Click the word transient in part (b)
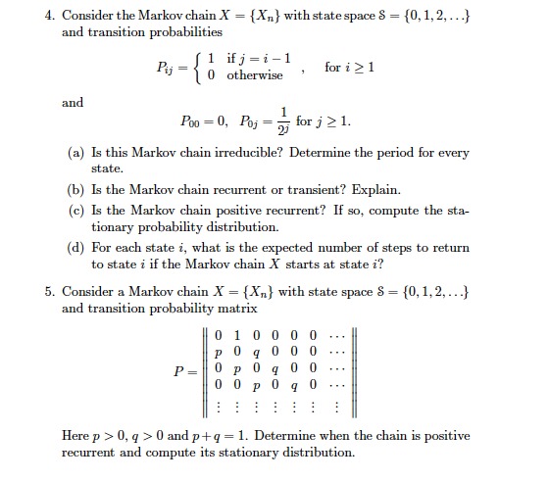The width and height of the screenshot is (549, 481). click(x=340, y=189)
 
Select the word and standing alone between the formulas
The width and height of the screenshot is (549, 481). click(x=73, y=102)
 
